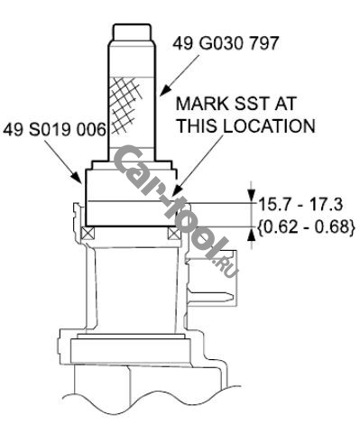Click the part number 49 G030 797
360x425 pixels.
(226, 43)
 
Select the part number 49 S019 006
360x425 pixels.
(55, 130)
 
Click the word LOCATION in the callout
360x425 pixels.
(268, 125)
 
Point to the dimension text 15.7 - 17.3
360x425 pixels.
(300, 205)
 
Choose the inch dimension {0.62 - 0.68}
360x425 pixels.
(306, 226)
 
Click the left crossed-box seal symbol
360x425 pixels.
(88, 233)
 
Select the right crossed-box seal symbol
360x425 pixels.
(174, 233)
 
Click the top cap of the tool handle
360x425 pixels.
(132, 32)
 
